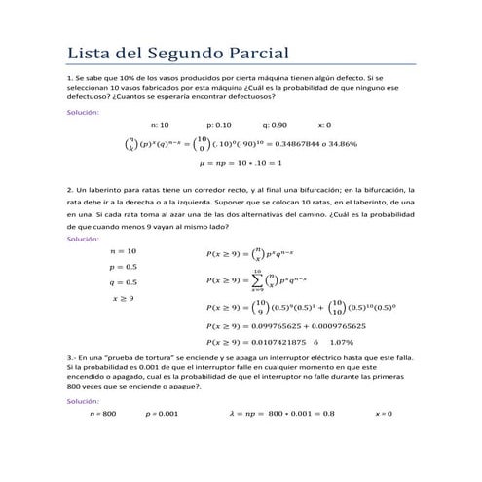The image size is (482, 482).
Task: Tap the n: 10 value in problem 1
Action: [x=160, y=125]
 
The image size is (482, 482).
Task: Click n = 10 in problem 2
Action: [x=124, y=250]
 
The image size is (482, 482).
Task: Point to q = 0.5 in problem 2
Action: [x=124, y=282]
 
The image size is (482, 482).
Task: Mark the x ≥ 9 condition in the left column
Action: [x=125, y=298]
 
